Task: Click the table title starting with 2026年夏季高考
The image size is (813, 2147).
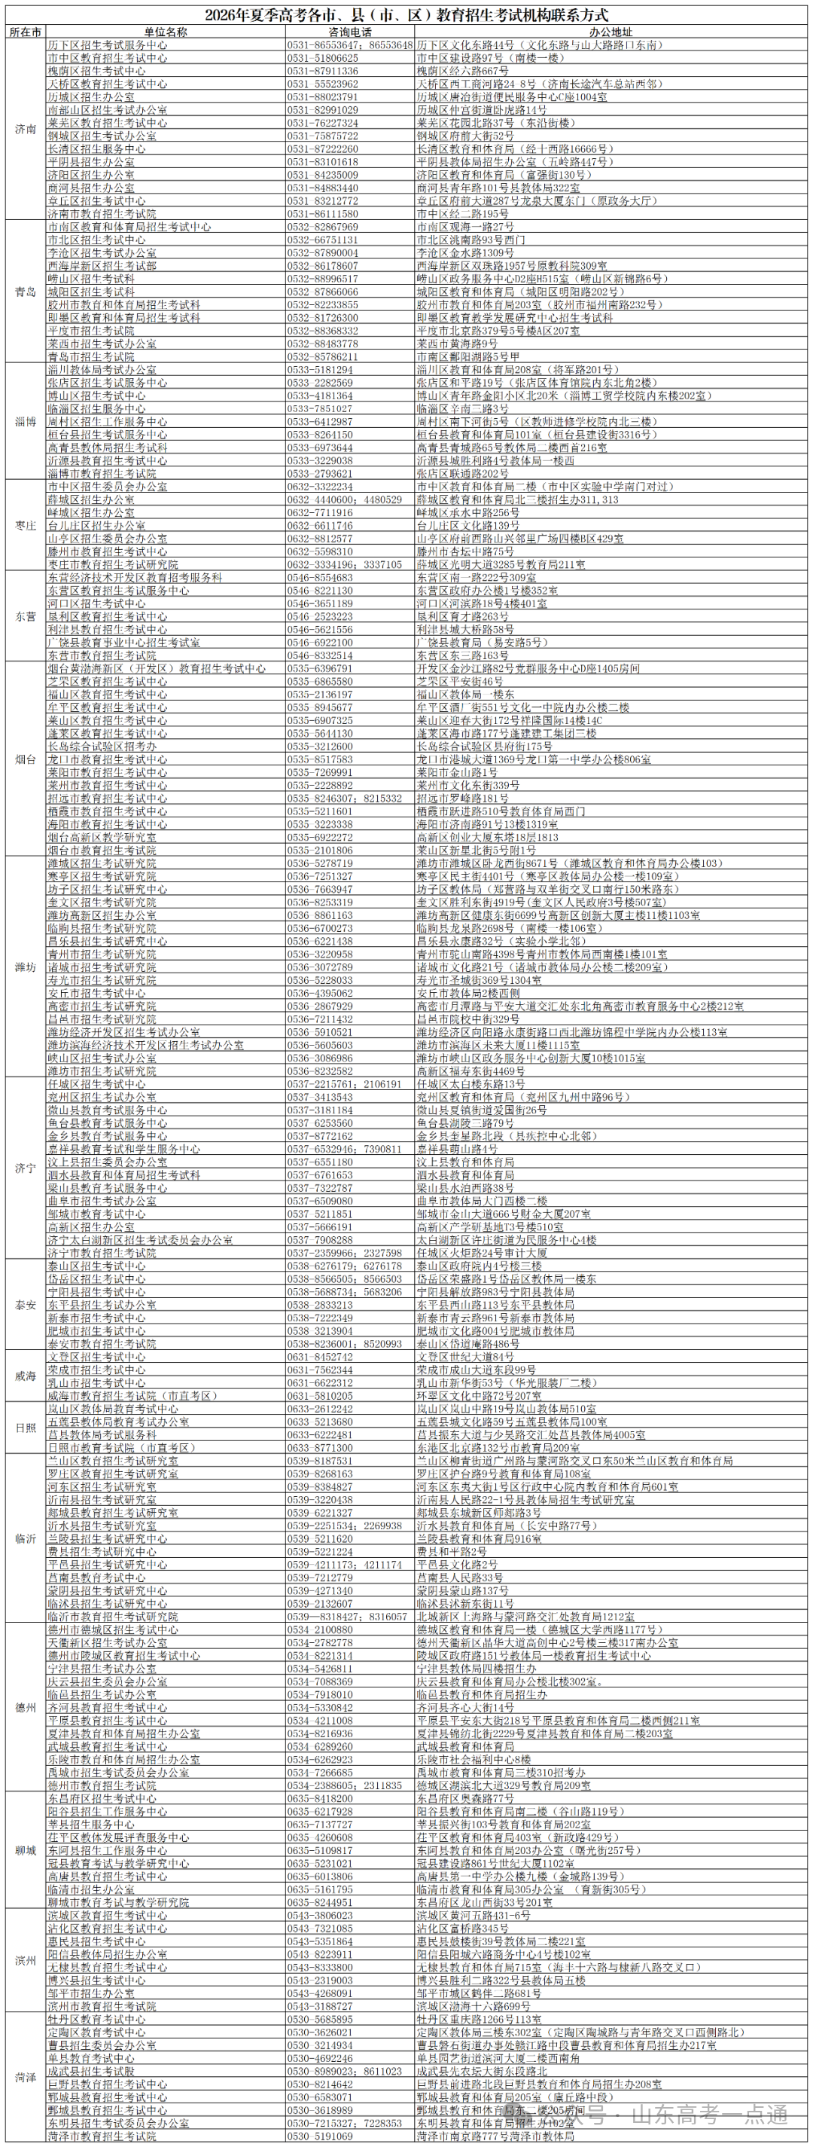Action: coord(406,15)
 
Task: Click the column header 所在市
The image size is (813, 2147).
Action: coord(26,32)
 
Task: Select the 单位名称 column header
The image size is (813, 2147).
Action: coord(166,32)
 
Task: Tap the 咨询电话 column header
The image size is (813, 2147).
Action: coord(350,32)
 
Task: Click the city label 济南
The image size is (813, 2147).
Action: coord(26,129)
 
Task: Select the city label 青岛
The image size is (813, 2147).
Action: coord(26,292)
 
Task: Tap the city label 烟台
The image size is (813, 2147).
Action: coord(26,759)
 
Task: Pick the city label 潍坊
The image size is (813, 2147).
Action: coord(26,967)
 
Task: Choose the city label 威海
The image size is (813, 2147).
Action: coord(26,1376)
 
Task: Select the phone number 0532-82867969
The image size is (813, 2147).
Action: coord(323,227)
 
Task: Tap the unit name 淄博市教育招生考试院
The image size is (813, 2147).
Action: coord(102,473)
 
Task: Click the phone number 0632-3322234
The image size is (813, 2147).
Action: coord(320,487)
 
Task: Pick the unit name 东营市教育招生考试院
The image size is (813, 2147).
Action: coord(102,655)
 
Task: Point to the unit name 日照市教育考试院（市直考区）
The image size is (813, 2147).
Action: coord(118,1448)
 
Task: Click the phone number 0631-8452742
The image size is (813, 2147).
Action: coord(320,1357)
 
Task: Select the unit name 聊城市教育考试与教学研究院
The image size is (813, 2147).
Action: coord(118,1902)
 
